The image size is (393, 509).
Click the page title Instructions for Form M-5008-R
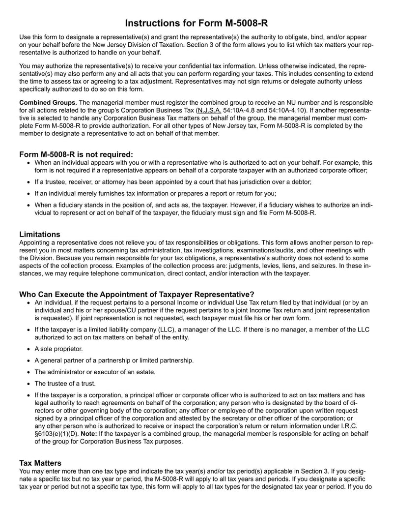point(196,23)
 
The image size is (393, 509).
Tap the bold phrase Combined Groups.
point(48,102)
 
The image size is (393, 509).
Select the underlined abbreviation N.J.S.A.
point(209,110)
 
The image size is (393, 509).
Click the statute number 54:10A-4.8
point(241,110)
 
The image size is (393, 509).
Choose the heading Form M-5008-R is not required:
point(76,154)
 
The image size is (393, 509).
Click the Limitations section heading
point(40,234)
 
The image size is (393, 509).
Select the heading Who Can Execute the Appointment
point(137,294)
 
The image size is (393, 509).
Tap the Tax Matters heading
point(40,463)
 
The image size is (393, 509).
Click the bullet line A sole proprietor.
point(58,349)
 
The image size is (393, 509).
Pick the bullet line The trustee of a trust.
point(65,383)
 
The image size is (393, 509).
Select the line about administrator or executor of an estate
point(95,372)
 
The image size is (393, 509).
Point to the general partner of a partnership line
point(114,360)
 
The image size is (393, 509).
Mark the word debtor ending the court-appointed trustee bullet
point(301,181)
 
